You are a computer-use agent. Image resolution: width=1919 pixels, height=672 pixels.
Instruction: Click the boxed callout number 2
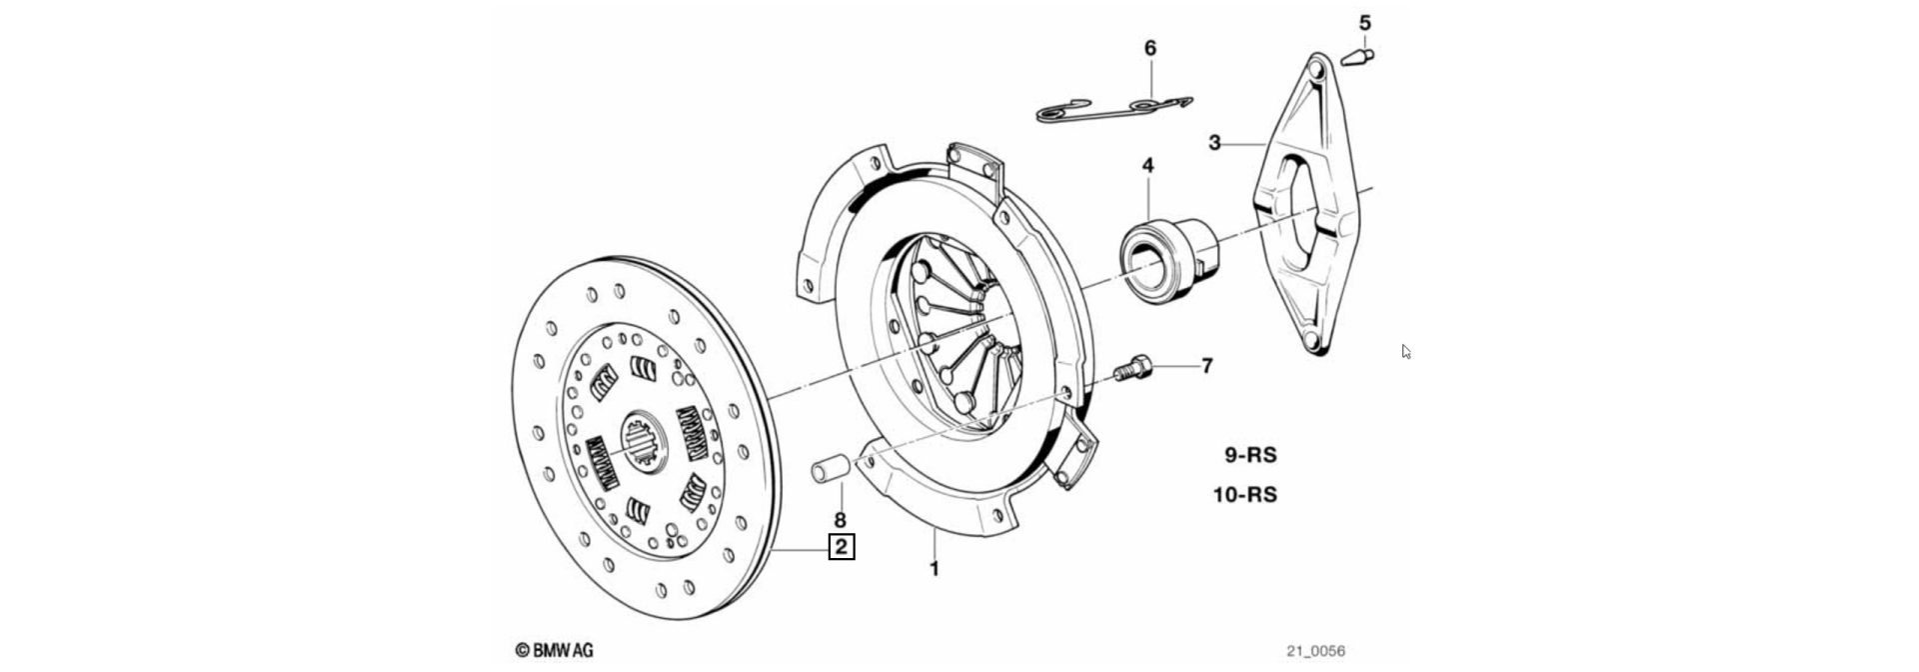(842, 547)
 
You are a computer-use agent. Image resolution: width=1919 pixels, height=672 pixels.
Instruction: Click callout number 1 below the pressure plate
(935, 570)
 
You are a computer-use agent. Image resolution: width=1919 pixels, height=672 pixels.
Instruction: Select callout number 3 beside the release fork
(1214, 143)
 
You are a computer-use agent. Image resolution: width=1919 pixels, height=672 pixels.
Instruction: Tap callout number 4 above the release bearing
(1147, 165)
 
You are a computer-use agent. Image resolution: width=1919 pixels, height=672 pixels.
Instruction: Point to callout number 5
(1364, 22)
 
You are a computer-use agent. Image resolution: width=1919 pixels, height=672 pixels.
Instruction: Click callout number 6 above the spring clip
(1149, 48)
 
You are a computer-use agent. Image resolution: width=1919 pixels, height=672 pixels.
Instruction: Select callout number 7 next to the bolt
(1206, 366)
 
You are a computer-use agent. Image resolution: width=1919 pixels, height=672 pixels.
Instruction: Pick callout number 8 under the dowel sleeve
(840, 520)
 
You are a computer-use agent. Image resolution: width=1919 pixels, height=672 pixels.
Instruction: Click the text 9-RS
(1250, 455)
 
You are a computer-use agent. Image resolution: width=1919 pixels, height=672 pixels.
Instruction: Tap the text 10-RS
(1245, 495)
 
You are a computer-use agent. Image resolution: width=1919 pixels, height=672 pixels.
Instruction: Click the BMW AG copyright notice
(555, 650)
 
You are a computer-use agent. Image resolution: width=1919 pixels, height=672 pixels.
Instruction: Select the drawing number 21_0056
(1315, 651)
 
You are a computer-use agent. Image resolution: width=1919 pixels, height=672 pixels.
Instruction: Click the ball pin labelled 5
(1357, 57)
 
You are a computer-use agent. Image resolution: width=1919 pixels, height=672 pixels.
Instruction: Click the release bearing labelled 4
(1159, 254)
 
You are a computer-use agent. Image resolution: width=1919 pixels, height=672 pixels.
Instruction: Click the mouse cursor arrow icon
(1405, 351)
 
